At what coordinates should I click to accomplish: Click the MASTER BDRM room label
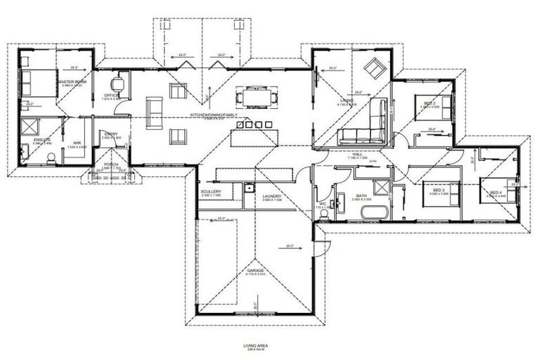pos(72,82)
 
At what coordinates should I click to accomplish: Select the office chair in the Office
pos(121,84)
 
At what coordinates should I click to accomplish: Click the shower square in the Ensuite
pos(30,127)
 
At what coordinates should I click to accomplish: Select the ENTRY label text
pos(111,134)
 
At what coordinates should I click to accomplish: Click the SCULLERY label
pos(211,191)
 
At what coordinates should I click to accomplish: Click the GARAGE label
pos(255,270)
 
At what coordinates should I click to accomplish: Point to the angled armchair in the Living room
pos(371,68)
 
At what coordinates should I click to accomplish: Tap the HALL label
pos(357,154)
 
